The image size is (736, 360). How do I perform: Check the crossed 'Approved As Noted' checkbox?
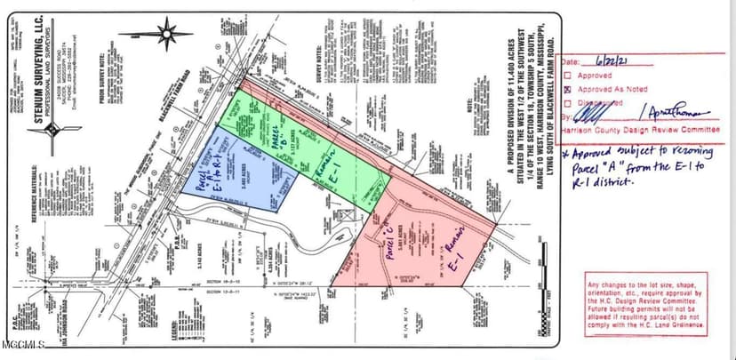click(x=568, y=89)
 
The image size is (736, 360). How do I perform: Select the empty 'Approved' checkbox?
click(x=568, y=76)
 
